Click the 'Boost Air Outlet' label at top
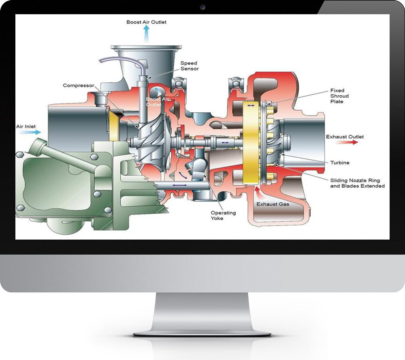pos(146,22)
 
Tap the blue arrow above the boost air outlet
pos(146,34)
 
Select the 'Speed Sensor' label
pos(189,66)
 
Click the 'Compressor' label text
pos(78,86)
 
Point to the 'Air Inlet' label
pos(26,126)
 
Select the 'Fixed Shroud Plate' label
pos(339,96)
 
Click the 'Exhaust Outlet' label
pos(345,137)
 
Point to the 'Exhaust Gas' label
pos(273,204)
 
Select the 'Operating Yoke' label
pos(223,215)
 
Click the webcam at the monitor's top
pos(202,7)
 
